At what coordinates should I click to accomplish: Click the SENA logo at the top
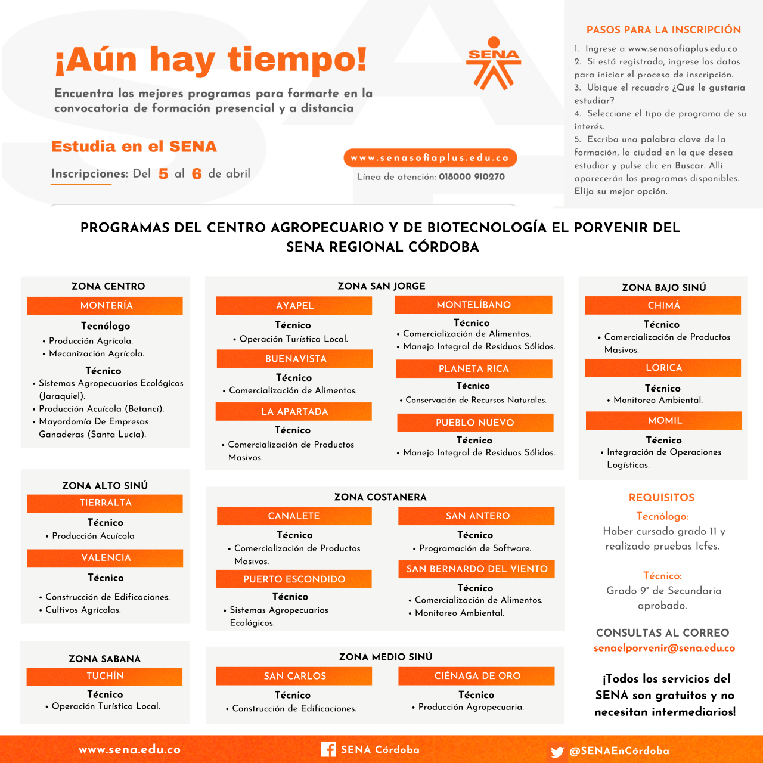pyautogui.click(x=494, y=63)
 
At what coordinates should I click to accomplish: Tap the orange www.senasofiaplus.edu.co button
pyautogui.click(x=430, y=158)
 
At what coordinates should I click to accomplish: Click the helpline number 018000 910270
pyautogui.click(x=472, y=177)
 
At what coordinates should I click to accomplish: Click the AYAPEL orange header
pyautogui.click(x=294, y=306)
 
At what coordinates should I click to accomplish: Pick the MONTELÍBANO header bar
pyautogui.click(x=473, y=305)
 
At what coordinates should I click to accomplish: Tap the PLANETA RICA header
pyautogui.click(x=474, y=369)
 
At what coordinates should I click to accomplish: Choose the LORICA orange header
pyautogui.click(x=663, y=368)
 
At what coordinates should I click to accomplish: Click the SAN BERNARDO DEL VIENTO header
pyautogui.click(x=476, y=569)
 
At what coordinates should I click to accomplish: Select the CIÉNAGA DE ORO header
pyautogui.click(x=477, y=676)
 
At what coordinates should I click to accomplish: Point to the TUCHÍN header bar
pyautogui.click(x=105, y=676)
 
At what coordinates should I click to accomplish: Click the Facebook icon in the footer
pyautogui.click(x=328, y=749)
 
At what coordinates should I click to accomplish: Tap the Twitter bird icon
pyautogui.click(x=557, y=752)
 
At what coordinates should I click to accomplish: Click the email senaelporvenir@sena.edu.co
pyautogui.click(x=664, y=648)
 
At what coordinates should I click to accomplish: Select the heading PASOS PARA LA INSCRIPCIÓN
pyautogui.click(x=663, y=30)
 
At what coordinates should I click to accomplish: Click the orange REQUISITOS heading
pyautogui.click(x=662, y=497)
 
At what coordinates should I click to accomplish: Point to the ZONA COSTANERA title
pyautogui.click(x=380, y=497)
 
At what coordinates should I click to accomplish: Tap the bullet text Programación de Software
pyautogui.click(x=475, y=548)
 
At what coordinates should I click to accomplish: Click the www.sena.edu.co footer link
pyautogui.click(x=129, y=750)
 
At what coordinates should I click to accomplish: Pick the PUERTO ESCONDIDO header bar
pyautogui.click(x=294, y=579)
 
